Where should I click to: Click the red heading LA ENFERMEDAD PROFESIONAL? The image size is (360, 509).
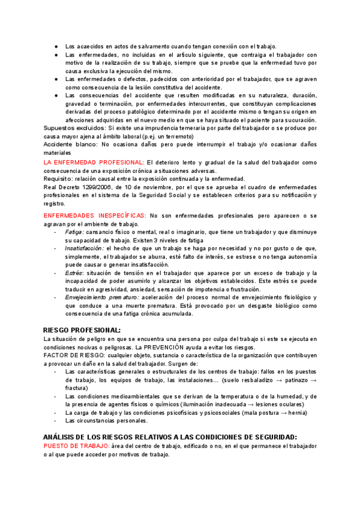[x=94, y=163]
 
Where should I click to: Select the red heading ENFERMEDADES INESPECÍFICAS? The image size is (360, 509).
[x=94, y=215]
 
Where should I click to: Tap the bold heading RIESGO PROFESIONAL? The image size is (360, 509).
[x=82, y=330]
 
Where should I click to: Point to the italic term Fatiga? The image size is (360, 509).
[x=74, y=232]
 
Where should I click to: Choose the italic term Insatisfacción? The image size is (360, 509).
[x=85, y=248]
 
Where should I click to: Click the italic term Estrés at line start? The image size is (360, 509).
[x=73, y=273]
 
